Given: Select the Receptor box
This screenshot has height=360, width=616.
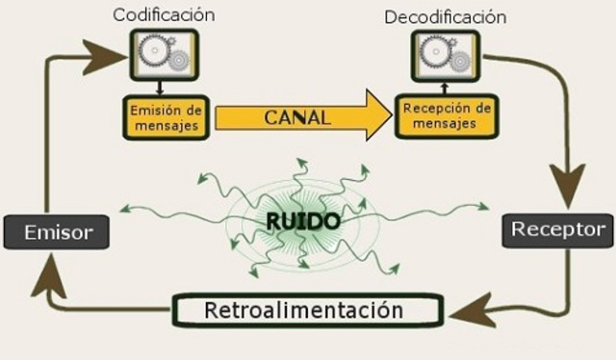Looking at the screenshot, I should click(558, 229).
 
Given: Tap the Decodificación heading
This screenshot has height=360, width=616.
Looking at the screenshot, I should click(445, 17).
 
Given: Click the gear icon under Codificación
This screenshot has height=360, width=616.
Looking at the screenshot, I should click(165, 55).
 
